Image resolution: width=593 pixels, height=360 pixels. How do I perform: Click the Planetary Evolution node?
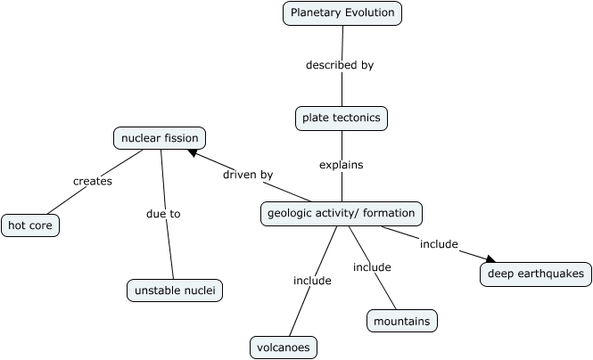tap(342, 12)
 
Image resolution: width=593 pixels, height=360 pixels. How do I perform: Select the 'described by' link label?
tap(340, 65)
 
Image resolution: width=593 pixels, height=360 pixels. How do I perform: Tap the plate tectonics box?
tap(342, 118)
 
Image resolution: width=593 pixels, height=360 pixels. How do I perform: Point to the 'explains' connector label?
tap(341, 165)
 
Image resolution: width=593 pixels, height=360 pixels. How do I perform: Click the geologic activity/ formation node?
tap(341, 214)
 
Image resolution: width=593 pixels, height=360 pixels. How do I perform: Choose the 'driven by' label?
tap(248, 175)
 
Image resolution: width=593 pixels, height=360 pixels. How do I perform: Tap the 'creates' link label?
tap(93, 181)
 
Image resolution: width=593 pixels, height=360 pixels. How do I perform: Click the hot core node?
tap(30, 226)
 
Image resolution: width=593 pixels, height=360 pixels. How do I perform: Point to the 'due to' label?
tap(163, 214)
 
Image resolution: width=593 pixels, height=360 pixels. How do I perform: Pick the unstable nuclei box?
tap(174, 290)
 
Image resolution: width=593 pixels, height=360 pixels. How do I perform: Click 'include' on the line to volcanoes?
tap(312, 281)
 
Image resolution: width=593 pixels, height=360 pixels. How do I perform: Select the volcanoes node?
tap(284, 348)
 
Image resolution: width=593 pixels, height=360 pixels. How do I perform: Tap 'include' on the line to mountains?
tap(372, 267)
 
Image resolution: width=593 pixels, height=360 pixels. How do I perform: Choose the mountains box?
tap(402, 321)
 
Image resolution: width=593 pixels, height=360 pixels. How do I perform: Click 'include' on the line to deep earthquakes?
tap(439, 244)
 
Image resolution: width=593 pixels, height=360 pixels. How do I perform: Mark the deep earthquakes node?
tap(536, 274)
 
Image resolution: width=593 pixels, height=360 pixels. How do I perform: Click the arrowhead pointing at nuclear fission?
tap(194, 154)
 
